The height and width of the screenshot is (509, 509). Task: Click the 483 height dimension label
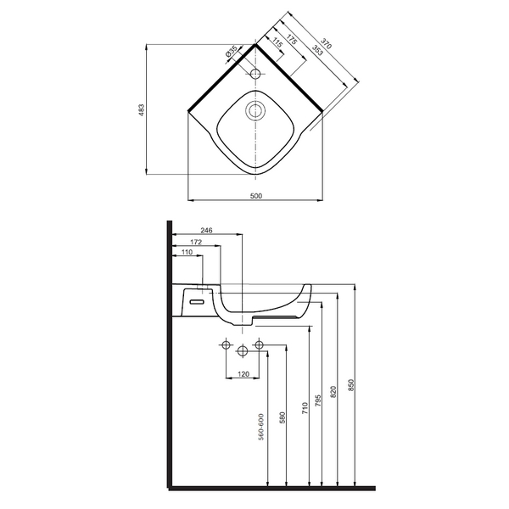point(141,110)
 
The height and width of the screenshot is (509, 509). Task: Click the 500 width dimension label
point(256,196)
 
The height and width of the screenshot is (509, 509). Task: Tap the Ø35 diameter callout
point(232,53)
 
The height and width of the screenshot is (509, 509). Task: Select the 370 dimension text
point(327,43)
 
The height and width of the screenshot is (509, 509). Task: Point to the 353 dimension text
point(317,50)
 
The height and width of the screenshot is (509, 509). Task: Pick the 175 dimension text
point(292,39)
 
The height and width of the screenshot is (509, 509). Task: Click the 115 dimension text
point(277,42)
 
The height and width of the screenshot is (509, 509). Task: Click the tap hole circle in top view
point(256,74)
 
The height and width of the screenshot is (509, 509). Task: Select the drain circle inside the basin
point(256,110)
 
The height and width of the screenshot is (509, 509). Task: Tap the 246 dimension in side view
point(206,230)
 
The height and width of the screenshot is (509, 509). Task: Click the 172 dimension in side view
point(196,242)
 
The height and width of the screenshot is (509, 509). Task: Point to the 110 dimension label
point(187,252)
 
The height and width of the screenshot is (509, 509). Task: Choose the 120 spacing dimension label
point(243,374)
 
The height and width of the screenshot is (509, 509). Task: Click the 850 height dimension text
point(351,385)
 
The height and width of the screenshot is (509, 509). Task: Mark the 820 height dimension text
point(333,392)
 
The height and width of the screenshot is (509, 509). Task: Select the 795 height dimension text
point(318,400)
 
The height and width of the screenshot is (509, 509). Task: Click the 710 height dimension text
point(305,408)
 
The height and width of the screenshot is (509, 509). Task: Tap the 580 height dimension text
point(282,417)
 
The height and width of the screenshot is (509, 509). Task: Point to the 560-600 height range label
point(261,427)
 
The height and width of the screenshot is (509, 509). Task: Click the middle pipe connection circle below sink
point(243,350)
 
